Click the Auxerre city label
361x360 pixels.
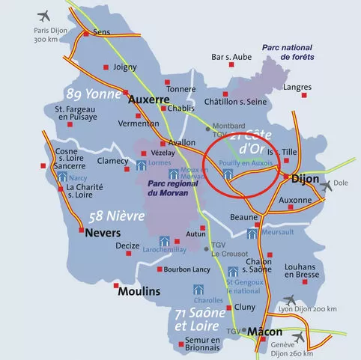151,98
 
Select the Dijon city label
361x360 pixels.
304,180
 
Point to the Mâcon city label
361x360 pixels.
264,331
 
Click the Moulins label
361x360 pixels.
139,290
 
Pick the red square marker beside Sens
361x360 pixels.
86,34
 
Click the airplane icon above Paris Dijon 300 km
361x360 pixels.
43,14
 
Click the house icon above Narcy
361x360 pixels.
61,177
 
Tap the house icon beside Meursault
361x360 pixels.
253,234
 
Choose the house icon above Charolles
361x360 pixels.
199,290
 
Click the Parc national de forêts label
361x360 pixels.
288,52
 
